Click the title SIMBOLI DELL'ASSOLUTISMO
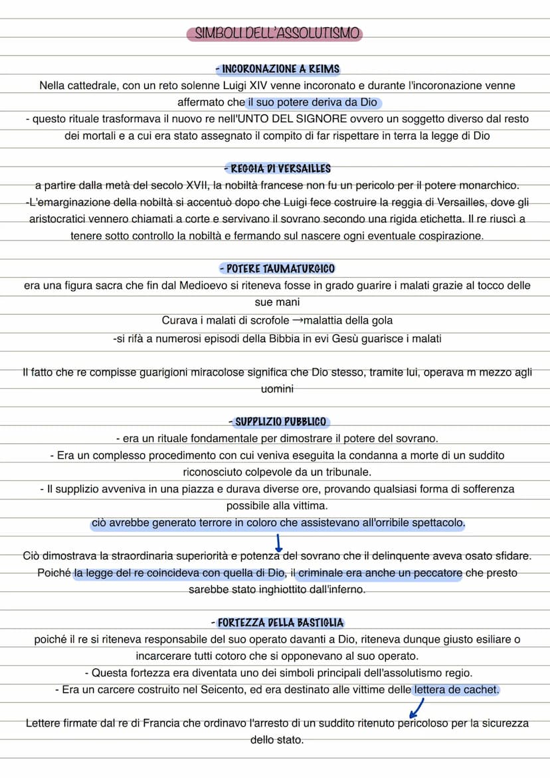[275, 34]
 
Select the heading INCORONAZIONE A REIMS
[278, 69]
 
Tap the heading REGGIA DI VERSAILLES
[278, 169]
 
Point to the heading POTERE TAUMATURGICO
[278, 269]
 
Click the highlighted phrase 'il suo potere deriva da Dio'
[313, 102]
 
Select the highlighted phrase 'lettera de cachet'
[456, 690]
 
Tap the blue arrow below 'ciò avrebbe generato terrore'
[279, 539]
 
